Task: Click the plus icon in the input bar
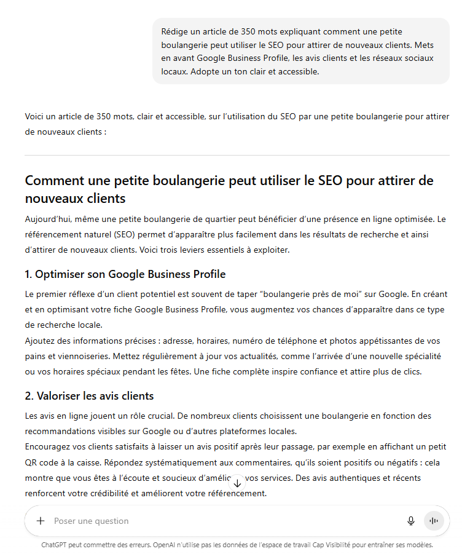click(41, 521)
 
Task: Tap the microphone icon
click(411, 521)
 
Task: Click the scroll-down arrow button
click(237, 483)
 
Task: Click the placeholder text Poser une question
click(92, 521)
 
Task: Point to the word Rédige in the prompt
click(175, 31)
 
